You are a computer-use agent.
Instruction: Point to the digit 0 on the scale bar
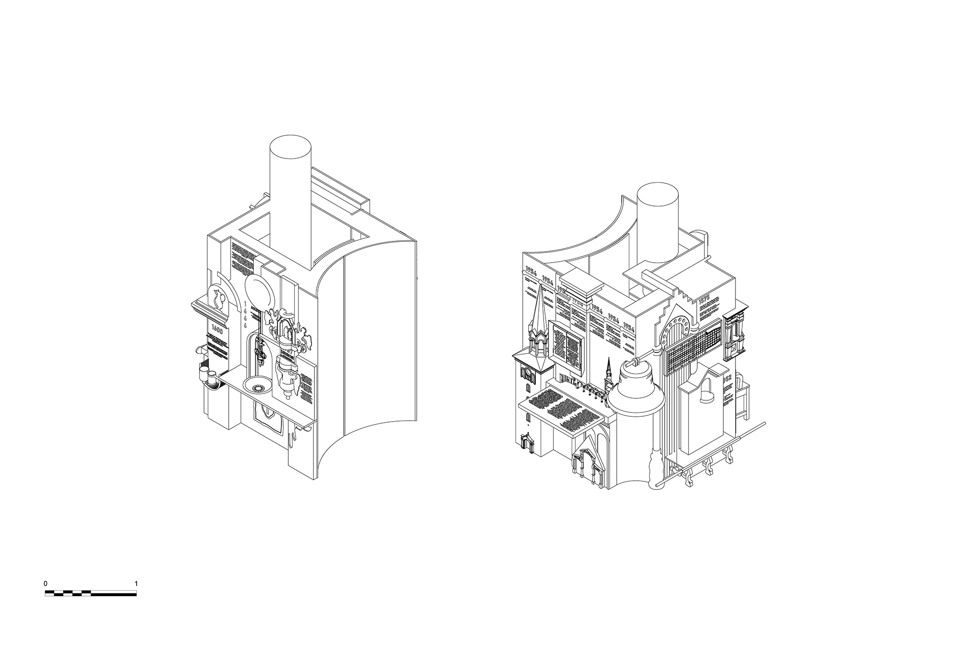pos(46,583)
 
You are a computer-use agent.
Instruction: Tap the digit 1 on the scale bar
pos(136,583)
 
